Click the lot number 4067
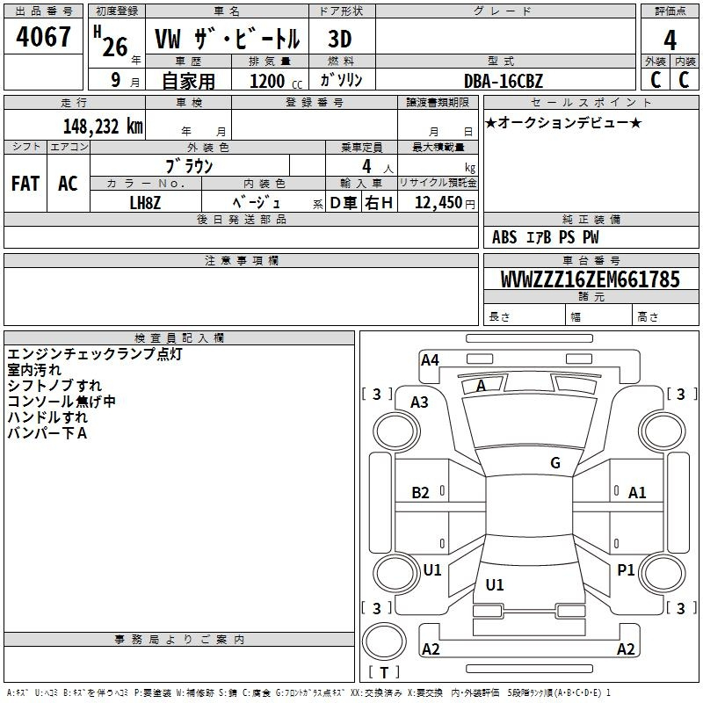(x=43, y=36)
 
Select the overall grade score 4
(x=670, y=40)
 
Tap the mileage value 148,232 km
(x=103, y=127)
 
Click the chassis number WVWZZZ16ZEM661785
(x=591, y=279)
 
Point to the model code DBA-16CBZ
(x=504, y=81)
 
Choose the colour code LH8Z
(x=145, y=203)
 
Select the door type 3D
(x=340, y=40)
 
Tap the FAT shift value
(x=25, y=184)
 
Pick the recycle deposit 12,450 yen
(x=445, y=203)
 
